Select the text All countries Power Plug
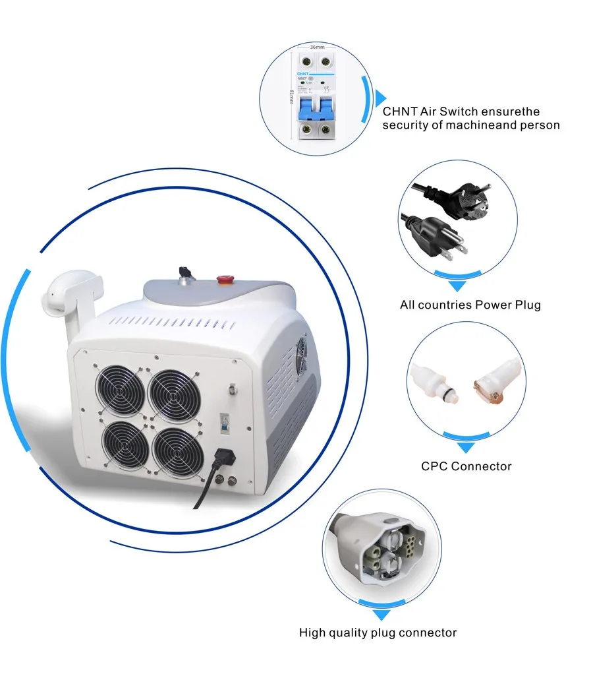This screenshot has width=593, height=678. click(470, 305)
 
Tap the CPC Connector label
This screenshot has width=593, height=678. click(466, 466)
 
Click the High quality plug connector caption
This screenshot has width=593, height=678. click(378, 632)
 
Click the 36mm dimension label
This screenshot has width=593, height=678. click(317, 47)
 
